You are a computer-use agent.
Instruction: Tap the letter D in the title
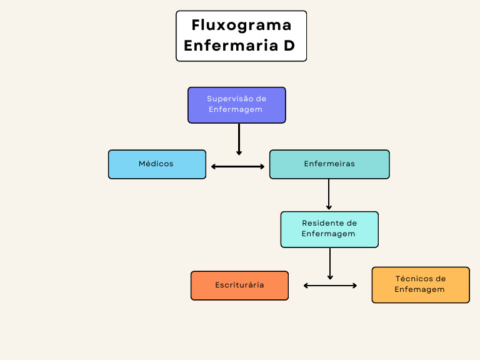(x=289, y=46)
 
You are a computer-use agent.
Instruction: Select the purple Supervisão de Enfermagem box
(x=237, y=104)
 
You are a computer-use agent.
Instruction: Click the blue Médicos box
(x=157, y=164)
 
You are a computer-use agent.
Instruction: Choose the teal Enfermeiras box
(x=329, y=164)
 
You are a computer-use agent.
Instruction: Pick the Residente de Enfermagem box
(x=329, y=229)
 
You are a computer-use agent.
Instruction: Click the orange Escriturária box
(x=239, y=286)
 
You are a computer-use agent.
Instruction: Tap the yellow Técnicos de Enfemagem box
(x=421, y=285)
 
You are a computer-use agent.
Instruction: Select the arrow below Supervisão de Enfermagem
(x=239, y=139)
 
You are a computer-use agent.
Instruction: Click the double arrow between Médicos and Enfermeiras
(x=238, y=166)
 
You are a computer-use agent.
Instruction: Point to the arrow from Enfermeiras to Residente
(x=329, y=194)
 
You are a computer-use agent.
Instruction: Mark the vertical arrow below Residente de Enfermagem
(x=330, y=263)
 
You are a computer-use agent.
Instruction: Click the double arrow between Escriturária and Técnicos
(x=330, y=286)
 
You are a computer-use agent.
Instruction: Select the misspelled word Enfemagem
(x=420, y=290)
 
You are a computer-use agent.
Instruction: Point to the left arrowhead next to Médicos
(x=214, y=166)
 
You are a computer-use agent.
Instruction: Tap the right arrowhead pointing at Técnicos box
(x=354, y=286)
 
